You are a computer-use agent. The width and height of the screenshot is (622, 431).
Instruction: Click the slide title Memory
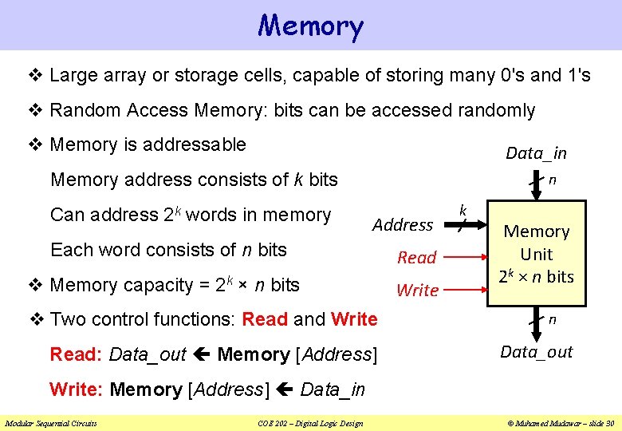click(311, 26)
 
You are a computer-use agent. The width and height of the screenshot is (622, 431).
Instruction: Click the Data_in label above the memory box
click(536, 153)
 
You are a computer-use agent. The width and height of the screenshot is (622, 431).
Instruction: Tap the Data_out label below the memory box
click(536, 352)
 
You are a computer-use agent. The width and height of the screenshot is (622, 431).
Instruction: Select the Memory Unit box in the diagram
click(536, 254)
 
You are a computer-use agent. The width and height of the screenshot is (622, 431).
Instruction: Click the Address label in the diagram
click(403, 225)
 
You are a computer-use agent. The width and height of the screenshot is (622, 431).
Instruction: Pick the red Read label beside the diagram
click(417, 258)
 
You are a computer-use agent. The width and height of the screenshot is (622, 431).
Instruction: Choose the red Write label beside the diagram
click(417, 291)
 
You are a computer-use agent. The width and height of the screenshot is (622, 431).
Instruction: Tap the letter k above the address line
click(463, 211)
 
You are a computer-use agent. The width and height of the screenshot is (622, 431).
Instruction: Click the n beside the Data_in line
click(552, 180)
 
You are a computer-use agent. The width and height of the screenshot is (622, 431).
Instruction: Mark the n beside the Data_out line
click(552, 319)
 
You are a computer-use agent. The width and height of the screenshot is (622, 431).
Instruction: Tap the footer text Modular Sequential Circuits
click(51, 423)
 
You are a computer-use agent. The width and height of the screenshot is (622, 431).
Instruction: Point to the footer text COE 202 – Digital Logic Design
click(310, 423)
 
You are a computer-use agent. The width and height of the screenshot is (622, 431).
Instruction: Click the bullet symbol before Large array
click(36, 76)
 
